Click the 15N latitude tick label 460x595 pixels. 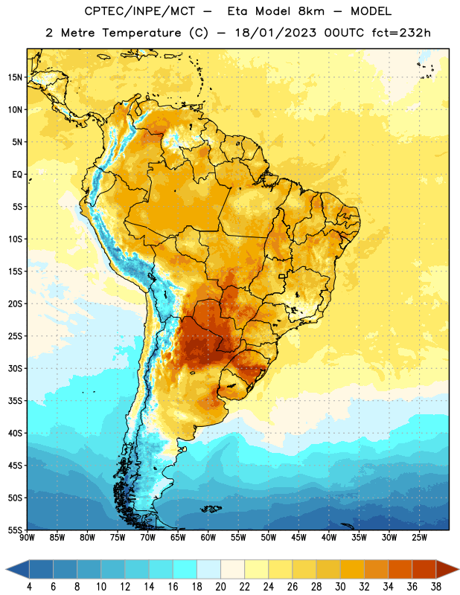tap(15, 77)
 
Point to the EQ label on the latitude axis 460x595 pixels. tap(17, 175)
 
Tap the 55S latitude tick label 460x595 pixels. tap(15, 530)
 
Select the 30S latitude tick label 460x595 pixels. tap(15, 368)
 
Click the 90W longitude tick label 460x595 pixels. tap(27, 537)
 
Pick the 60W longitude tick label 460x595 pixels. tap(208, 537)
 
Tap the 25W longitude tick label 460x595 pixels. tap(419, 537)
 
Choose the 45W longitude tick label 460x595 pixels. tap(298, 537)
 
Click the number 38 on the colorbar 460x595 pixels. tap(435, 587)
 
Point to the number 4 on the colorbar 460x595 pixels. tap(29, 587)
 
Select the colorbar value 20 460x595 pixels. tap(220, 587)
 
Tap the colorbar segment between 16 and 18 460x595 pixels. tap(185, 570)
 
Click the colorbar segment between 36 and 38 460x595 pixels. tap(424, 570)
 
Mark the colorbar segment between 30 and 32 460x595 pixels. tap(352, 570)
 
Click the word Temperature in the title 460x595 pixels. tap(141, 33)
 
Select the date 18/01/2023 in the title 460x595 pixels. tap(275, 33)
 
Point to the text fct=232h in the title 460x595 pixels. tap(401, 33)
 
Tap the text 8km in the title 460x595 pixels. tap(311, 11)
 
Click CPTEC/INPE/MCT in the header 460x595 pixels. tap(139, 11)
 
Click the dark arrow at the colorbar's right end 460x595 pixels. tap(447, 570)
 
